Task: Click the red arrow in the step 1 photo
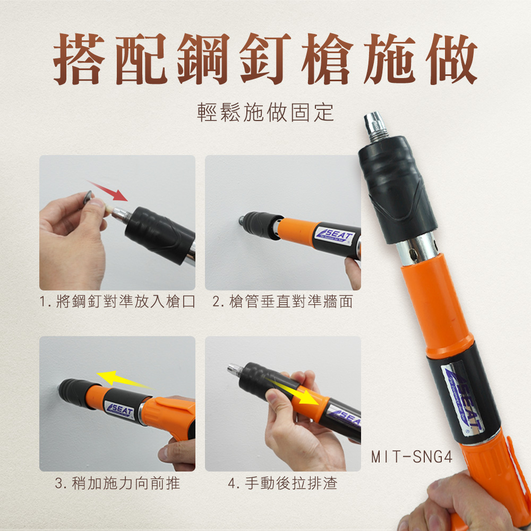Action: pos(108,191)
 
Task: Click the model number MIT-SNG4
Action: pos(412,457)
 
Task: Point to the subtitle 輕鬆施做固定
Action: pos(265,113)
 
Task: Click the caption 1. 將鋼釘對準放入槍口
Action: pos(117,302)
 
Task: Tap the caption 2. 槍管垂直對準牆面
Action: pos(283,302)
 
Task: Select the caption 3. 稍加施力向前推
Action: pos(117,483)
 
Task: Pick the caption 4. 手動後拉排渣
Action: pos(283,483)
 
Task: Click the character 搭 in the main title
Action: pos(79,59)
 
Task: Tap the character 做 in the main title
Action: pos(452,59)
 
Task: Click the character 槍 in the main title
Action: pos(327,59)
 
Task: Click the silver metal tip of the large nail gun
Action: pos(376,126)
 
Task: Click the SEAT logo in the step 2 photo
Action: pos(335,234)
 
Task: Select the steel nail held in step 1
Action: pos(88,197)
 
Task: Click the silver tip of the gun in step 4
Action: pos(235,370)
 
